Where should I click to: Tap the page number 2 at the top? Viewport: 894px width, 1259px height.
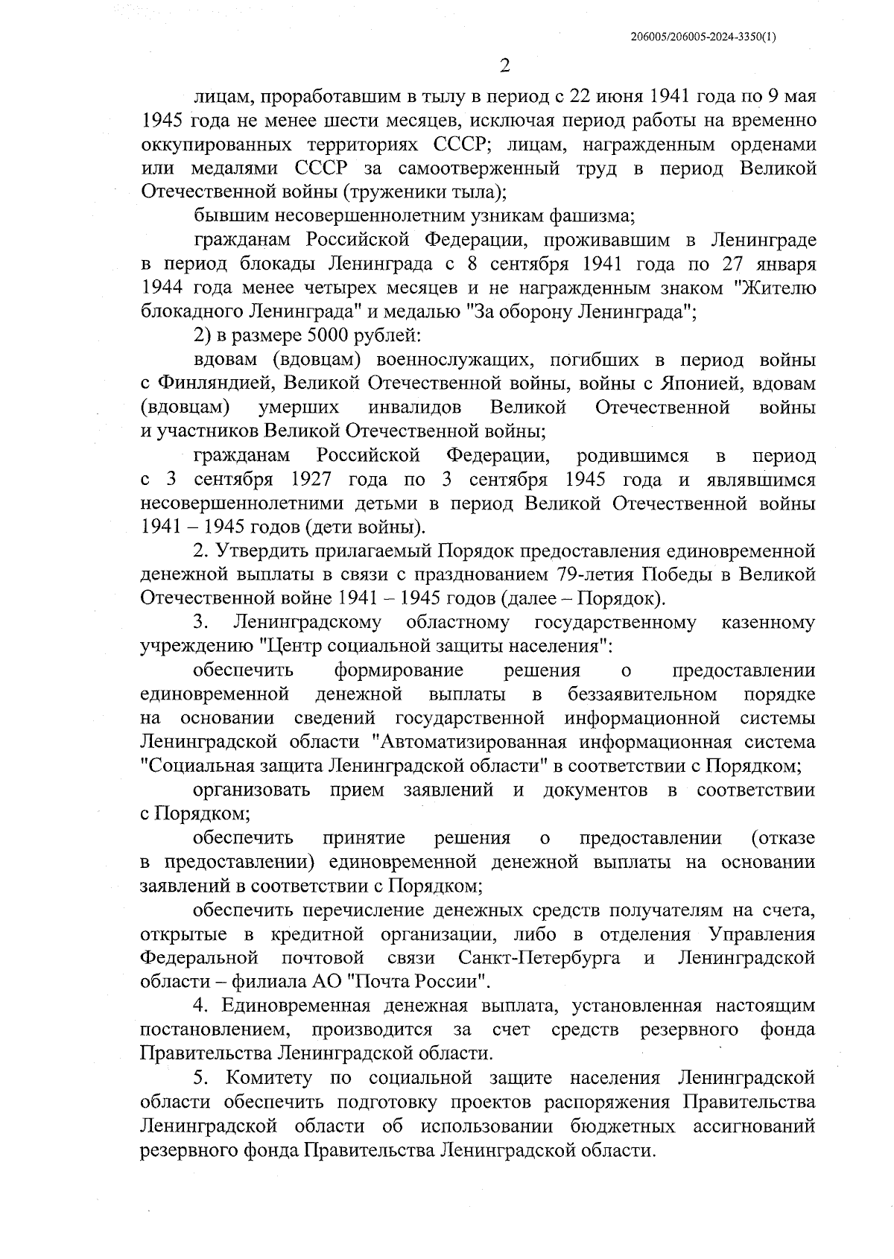tap(505, 66)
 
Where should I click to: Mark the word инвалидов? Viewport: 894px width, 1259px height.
tap(413, 407)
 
